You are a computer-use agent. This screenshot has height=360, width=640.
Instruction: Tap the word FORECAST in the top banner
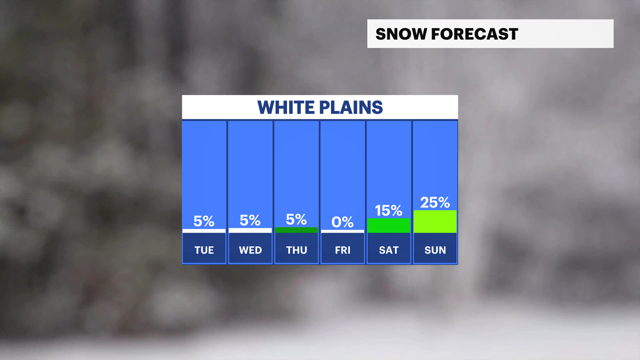(475, 34)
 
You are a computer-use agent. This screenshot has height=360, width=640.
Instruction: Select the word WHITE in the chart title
(286, 107)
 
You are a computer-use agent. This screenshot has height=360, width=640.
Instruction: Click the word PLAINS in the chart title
(351, 107)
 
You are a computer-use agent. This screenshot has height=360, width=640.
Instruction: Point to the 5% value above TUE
(204, 221)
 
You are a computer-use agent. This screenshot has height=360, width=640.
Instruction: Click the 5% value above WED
(250, 220)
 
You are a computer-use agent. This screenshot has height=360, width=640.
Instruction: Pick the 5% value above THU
(296, 220)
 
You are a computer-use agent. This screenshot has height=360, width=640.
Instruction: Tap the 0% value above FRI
(343, 222)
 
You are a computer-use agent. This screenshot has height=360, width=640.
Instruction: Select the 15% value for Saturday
(389, 211)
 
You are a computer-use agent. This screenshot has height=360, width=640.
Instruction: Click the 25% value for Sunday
(435, 203)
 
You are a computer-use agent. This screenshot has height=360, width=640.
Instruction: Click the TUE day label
(204, 250)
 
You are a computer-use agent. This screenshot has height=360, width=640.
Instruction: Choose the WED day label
(250, 250)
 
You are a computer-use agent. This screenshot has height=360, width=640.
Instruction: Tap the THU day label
(297, 250)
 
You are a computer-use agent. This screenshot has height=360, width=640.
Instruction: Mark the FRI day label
(343, 250)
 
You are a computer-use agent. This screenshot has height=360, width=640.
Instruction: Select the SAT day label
(389, 250)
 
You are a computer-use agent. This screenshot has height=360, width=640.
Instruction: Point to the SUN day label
(435, 250)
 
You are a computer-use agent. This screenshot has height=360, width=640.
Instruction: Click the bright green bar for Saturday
(389, 226)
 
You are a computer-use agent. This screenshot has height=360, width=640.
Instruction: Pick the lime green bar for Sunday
(435, 222)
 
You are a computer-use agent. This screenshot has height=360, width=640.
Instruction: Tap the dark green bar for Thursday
(296, 230)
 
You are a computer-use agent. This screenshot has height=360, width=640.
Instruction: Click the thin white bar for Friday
(343, 231)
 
